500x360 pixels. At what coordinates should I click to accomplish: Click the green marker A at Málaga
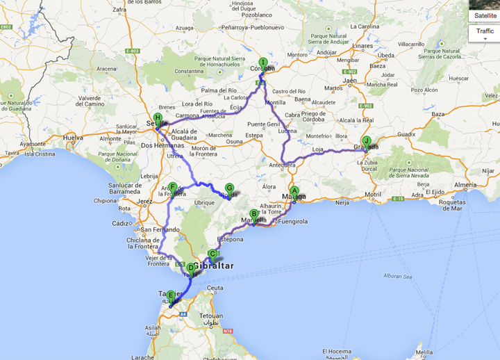(294, 191)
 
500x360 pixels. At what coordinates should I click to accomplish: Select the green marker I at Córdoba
(262, 63)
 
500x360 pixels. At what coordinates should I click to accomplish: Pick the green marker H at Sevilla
(158, 118)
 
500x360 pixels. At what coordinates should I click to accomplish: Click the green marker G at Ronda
(229, 188)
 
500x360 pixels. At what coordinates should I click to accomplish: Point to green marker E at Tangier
(171, 295)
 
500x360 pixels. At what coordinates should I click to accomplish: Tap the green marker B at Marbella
(253, 214)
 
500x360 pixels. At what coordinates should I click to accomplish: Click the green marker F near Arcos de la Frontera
(173, 186)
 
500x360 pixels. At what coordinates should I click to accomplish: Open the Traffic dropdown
(485, 32)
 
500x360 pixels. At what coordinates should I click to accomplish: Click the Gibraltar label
(214, 266)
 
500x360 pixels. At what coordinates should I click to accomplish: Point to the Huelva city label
(73, 138)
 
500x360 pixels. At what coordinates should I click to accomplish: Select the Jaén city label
(350, 81)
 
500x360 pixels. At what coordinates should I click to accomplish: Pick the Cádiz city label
(122, 223)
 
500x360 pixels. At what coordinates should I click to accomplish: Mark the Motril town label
(373, 194)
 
